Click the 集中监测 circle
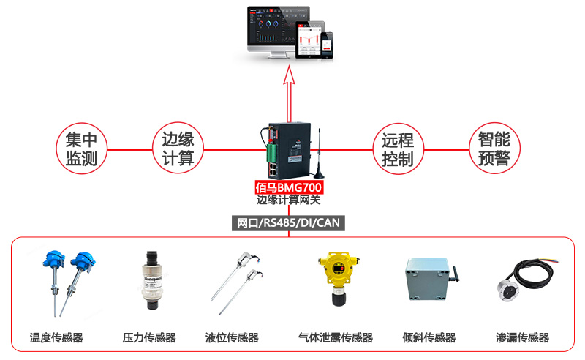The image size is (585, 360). [x=81, y=149]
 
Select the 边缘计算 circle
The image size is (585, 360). [x=177, y=149]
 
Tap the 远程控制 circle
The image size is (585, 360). [x=398, y=149]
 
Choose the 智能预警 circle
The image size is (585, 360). [x=494, y=149]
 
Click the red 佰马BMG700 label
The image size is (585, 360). [x=289, y=187]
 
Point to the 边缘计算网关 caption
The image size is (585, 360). [x=289, y=199]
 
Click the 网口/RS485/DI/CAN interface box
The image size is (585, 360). [x=288, y=222]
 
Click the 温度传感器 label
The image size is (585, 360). [x=56, y=338]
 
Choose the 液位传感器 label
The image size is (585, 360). [x=232, y=338]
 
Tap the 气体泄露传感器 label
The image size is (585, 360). [x=336, y=338]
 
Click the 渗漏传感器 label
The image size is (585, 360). [x=522, y=338]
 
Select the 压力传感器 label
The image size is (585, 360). [x=149, y=338]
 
